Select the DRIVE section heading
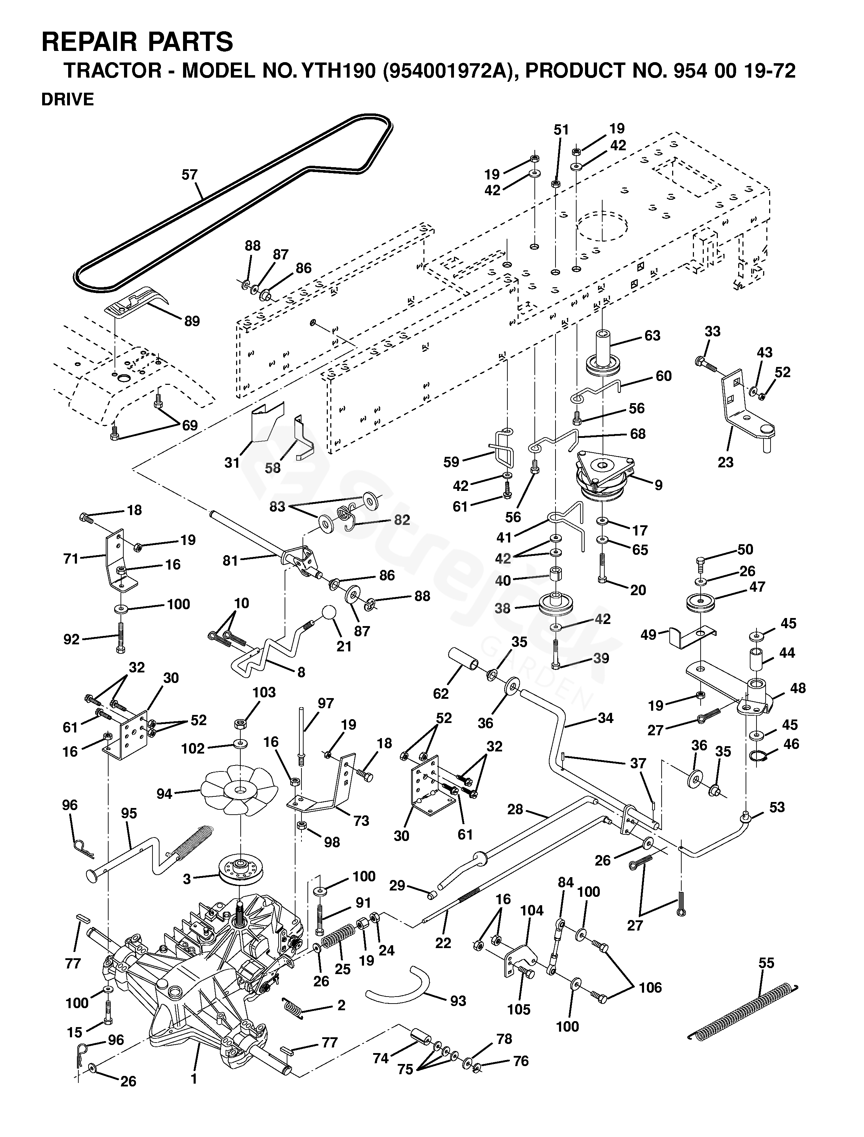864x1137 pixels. point(67,99)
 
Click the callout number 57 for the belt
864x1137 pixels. point(189,175)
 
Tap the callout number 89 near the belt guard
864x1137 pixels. point(192,321)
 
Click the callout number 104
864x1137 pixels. point(531,910)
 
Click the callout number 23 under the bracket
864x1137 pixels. point(725,462)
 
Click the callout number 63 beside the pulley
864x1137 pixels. point(652,336)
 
